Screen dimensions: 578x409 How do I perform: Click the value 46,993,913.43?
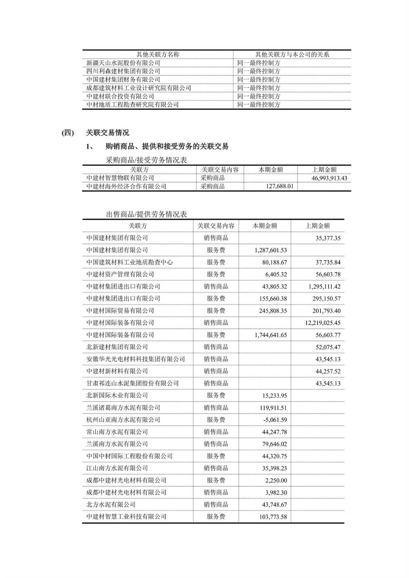pos(329,178)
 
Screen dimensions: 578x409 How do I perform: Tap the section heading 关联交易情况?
pos(107,133)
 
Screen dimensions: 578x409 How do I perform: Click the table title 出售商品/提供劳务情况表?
pos(146,215)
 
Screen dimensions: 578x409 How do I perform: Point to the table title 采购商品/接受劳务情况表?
pos(146,160)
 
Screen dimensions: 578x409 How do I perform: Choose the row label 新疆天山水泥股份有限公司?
pos(123,63)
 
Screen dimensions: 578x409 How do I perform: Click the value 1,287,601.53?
pos(270,250)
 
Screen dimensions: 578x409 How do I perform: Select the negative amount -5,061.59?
pos(275,420)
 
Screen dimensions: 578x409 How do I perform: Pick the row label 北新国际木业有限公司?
pos(117,395)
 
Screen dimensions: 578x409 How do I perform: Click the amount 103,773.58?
pos(273,517)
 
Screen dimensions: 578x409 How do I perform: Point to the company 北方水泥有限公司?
pos(111,504)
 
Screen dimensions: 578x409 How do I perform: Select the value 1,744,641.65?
pos(270,335)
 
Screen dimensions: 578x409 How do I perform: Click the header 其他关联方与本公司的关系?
pos(292,54)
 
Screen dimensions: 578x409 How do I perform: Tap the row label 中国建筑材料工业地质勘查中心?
pos(129,262)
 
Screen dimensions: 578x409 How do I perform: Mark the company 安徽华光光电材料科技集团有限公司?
pos(135,359)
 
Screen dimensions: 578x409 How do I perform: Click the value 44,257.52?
pos(328,371)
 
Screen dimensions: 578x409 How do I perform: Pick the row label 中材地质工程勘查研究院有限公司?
pos(132,105)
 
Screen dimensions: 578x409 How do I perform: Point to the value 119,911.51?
pos(274,408)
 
